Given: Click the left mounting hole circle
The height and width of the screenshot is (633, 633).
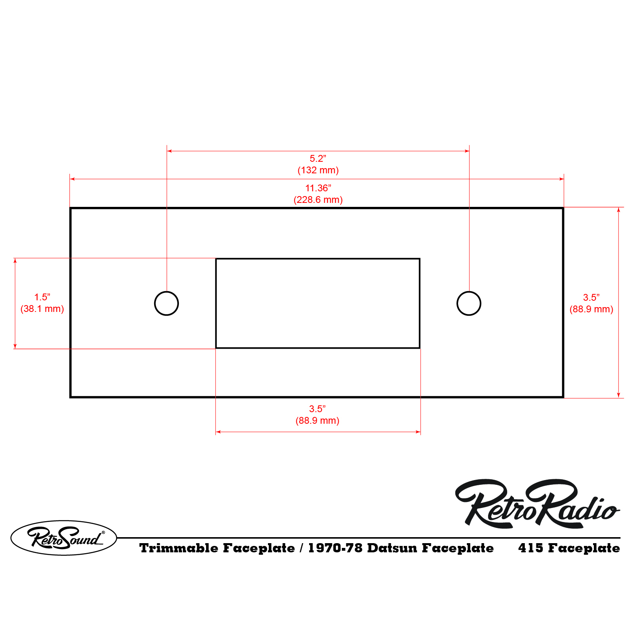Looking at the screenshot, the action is point(155,304).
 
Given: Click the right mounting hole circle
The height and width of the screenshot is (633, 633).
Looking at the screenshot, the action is point(457,304).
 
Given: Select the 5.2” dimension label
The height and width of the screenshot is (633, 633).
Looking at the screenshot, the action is point(318,159).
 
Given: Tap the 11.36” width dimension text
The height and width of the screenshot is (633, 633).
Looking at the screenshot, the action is point(318,188).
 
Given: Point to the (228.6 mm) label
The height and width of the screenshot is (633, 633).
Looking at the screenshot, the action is point(318,200).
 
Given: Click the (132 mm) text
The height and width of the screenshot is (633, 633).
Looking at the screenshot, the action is point(318,170).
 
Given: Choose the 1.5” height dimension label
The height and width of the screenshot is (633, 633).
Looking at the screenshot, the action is point(42,297).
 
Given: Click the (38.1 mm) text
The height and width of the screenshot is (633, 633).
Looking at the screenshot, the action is point(42,309).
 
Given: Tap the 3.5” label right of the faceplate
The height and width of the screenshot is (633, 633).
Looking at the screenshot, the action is point(591,298).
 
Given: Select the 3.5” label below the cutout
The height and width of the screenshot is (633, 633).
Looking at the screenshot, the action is point(317,409).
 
